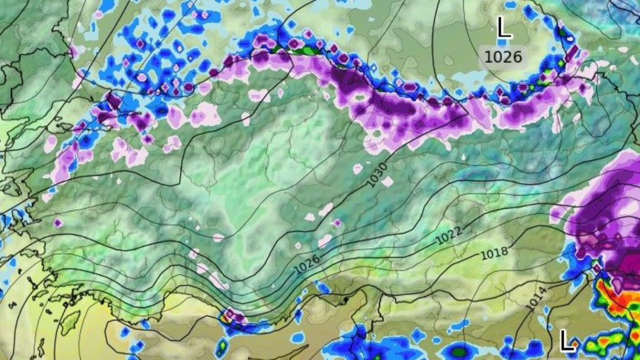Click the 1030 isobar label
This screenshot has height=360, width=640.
[377, 175]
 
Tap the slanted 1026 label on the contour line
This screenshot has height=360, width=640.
[307, 264]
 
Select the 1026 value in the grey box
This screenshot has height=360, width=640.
[503, 56]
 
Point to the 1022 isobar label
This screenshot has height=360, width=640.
[449, 235]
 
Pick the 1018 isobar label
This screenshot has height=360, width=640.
[494, 253]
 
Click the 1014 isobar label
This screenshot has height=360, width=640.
[536, 298]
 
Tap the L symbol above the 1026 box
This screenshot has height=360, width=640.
[503, 27]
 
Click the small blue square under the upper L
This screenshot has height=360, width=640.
[502, 42]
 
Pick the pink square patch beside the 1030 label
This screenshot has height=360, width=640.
[388, 181]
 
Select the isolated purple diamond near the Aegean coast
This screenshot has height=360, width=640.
[58, 222]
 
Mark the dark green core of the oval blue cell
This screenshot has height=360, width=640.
[459, 352]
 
